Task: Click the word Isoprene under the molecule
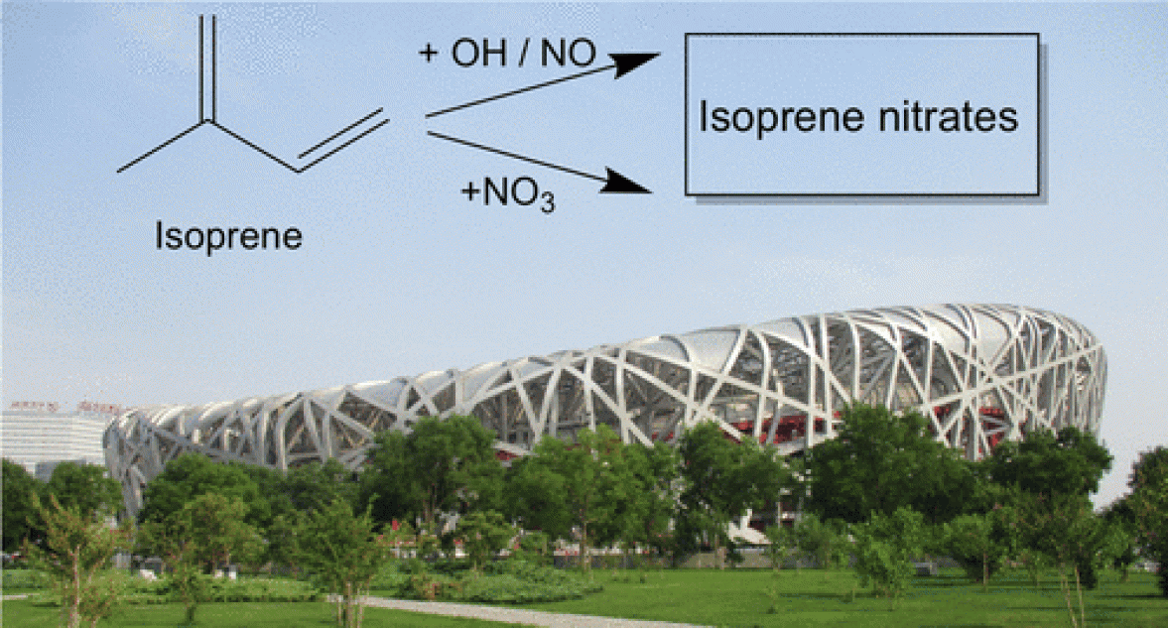click(228, 237)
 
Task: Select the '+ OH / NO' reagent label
click(507, 54)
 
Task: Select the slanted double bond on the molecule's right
click(343, 139)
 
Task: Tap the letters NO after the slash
click(569, 54)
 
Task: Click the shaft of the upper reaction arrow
click(516, 90)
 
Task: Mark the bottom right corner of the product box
click(1038, 193)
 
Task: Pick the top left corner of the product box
click(686, 35)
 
